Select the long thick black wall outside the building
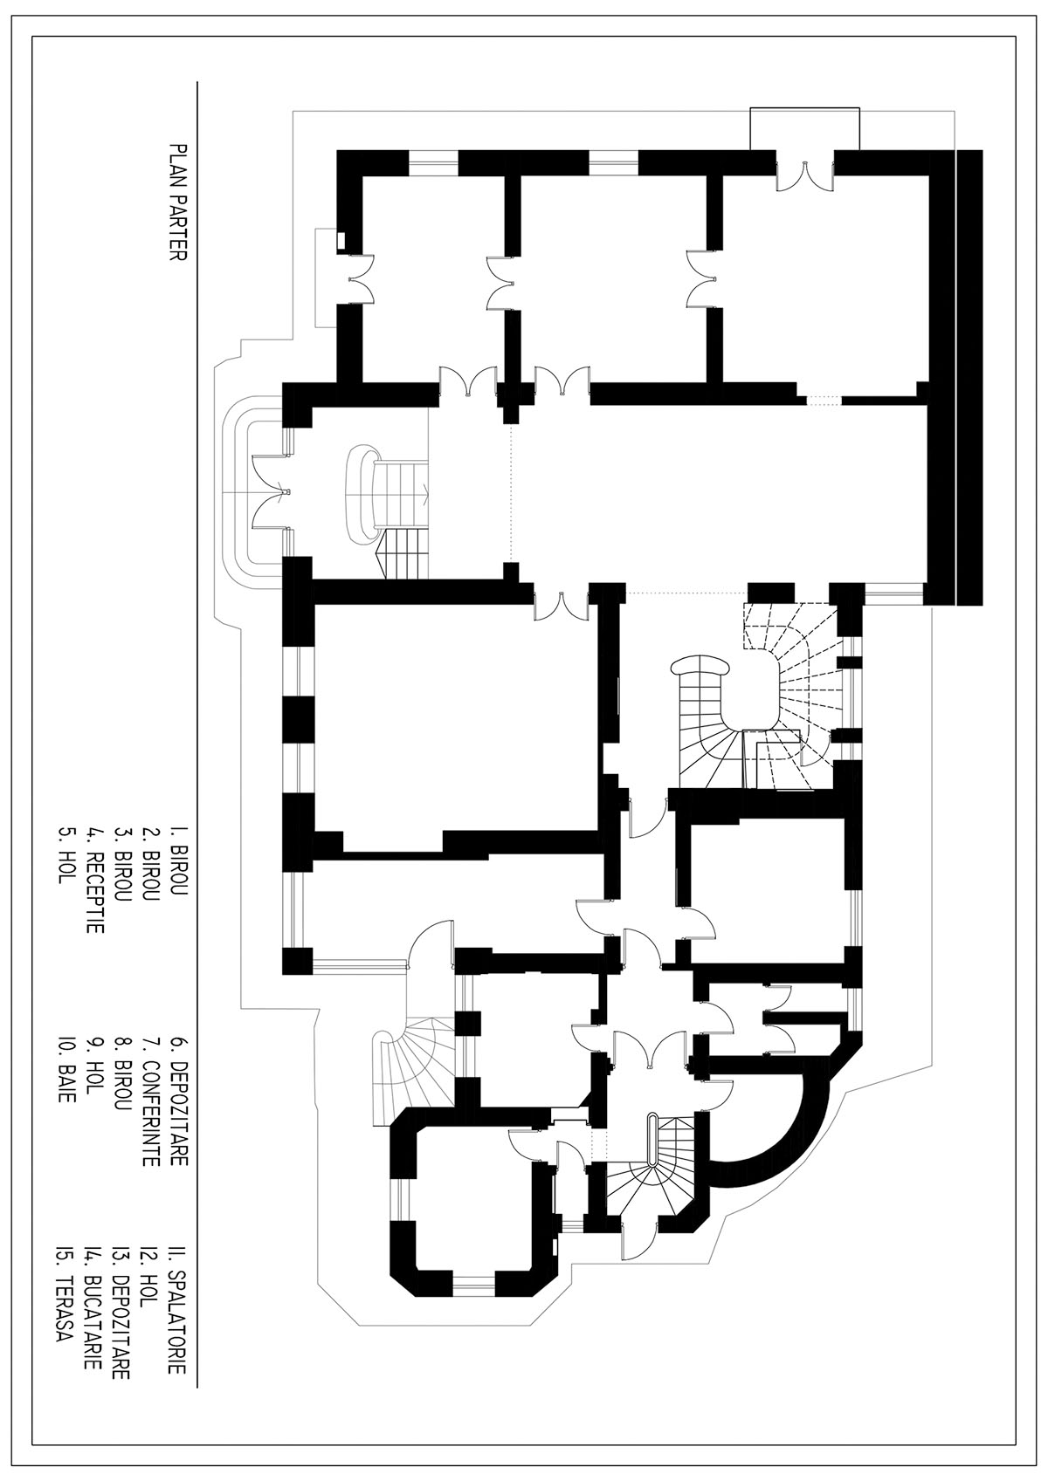[969, 378]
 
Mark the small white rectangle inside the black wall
[341, 241]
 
